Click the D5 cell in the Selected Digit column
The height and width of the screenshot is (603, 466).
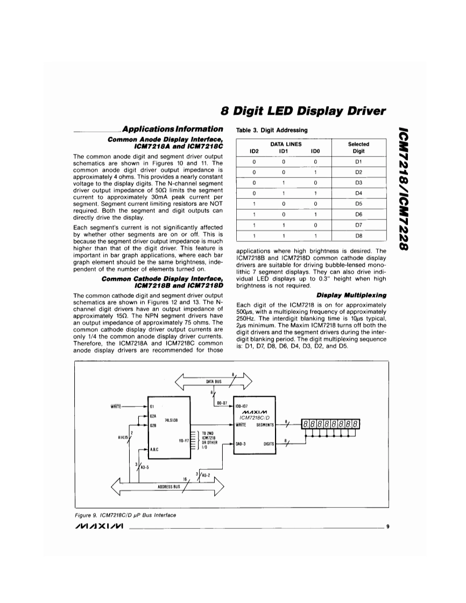click(x=358, y=204)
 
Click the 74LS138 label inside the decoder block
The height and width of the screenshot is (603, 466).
click(x=171, y=420)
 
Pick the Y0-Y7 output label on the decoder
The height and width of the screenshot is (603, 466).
click(x=182, y=440)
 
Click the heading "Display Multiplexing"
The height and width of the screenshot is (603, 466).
click(x=351, y=295)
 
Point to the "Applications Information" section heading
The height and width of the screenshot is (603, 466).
click(x=172, y=129)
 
